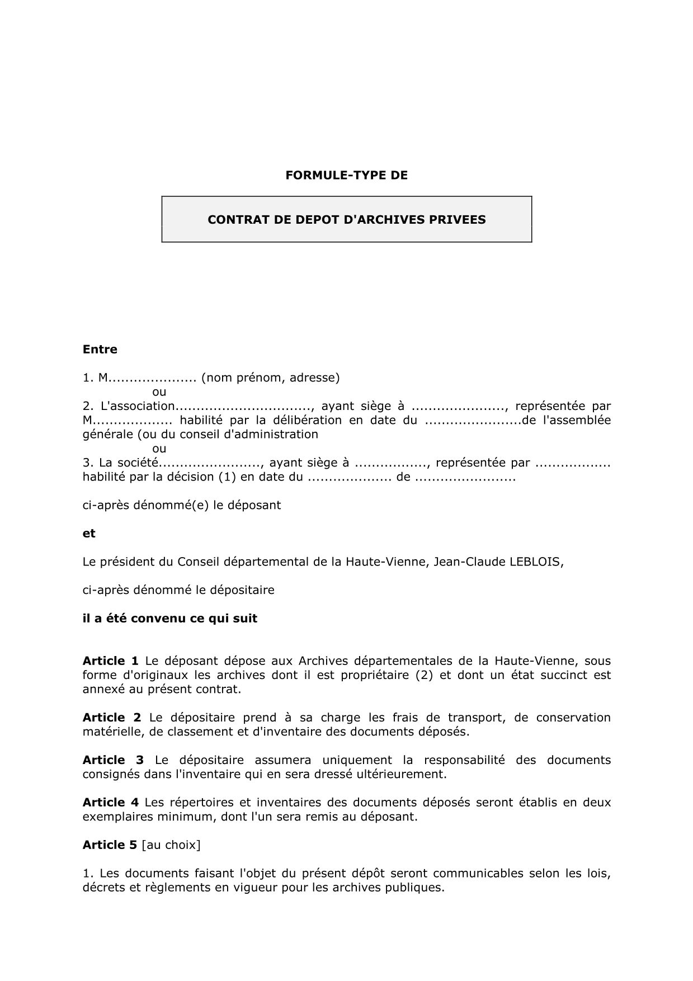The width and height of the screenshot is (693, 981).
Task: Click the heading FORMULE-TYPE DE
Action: [346, 175]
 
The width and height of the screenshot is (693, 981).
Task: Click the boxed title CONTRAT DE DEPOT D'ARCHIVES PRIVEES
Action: [346, 220]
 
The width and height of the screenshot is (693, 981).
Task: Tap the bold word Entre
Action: [100, 350]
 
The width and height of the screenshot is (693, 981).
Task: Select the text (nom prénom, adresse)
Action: [271, 378]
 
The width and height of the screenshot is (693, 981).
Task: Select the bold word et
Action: [89, 534]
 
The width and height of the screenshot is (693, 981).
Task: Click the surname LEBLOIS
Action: [535, 562]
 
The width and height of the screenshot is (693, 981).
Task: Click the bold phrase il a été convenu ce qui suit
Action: [170, 619]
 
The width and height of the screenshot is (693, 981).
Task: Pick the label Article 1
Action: [111, 661]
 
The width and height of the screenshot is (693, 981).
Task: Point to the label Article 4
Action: [111, 803]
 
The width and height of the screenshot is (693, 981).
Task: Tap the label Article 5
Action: [110, 845]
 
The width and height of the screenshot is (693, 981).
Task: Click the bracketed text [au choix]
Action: [171, 845]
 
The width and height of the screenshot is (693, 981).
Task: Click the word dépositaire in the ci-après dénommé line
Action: [243, 590]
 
